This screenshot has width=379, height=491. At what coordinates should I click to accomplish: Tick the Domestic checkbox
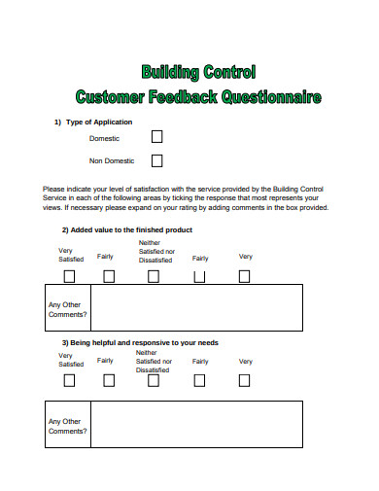[157, 138]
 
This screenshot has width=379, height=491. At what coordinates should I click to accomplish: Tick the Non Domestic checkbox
[157, 160]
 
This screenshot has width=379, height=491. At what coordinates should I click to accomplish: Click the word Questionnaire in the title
[271, 97]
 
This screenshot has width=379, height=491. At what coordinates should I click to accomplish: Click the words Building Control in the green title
[198, 72]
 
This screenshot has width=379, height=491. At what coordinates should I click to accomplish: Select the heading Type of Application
[98, 122]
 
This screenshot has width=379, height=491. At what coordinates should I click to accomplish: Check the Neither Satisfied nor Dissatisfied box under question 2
[154, 276]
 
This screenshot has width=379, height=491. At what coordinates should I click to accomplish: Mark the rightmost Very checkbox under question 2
[244, 276]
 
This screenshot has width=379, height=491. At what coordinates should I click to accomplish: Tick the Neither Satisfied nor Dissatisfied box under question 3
[154, 380]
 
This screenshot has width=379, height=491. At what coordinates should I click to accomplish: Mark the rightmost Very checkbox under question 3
[244, 380]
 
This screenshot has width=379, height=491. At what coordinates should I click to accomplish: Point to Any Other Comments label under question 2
[67, 309]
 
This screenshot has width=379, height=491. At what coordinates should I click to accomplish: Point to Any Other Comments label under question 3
[67, 424]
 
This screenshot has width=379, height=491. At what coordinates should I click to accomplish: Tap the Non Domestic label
[112, 160]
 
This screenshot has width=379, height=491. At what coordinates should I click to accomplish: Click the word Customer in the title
[112, 97]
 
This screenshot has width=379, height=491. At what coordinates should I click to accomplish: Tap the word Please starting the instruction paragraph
[53, 189]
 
